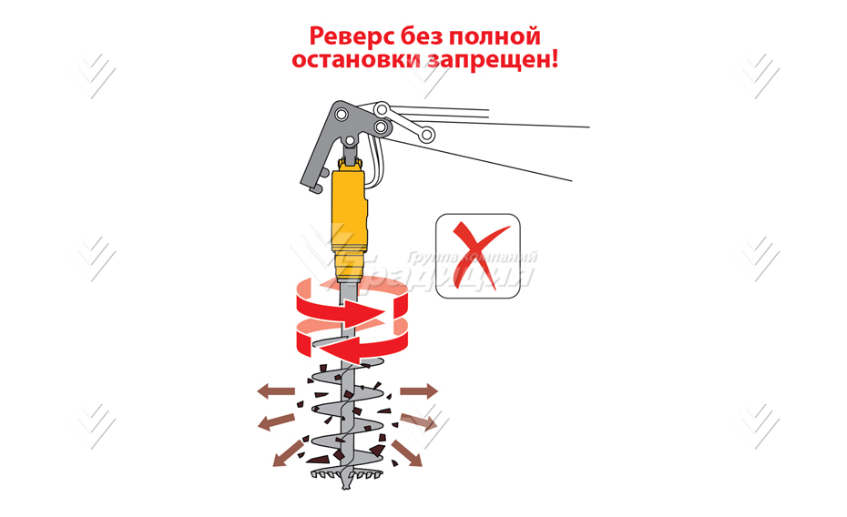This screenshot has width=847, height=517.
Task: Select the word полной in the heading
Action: (498, 37)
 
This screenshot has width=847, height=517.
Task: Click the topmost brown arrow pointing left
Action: (274, 390)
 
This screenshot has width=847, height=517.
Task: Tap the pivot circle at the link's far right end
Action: (425, 136)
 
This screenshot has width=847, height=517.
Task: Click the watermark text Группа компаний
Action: (472, 258)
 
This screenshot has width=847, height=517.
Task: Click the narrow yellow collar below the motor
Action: (350, 266)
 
